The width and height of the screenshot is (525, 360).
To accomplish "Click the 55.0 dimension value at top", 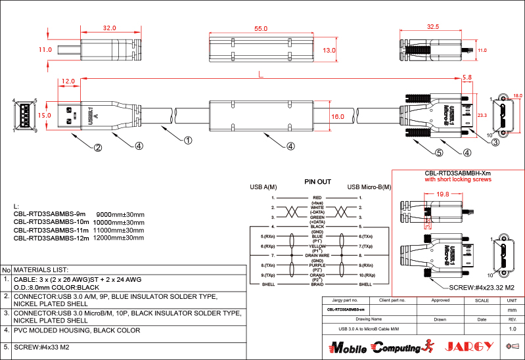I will click(x=261, y=29).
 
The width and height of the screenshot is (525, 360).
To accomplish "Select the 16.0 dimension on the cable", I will click(x=338, y=116).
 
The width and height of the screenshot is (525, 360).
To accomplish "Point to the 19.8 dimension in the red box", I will click(x=442, y=194).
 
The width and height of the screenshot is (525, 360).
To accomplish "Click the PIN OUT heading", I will click(x=317, y=182).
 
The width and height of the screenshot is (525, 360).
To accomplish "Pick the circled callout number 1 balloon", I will click(x=188, y=140).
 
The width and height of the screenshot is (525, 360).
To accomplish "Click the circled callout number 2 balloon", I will click(x=97, y=147).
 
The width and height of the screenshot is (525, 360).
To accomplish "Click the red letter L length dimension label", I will click(x=262, y=76).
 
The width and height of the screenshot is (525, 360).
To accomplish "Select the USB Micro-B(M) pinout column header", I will click(x=369, y=187).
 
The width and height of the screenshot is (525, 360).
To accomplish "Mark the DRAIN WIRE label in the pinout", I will click(x=317, y=255).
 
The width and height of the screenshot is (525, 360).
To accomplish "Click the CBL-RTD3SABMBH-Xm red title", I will click(x=458, y=173).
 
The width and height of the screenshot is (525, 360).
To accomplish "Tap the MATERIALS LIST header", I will click(x=41, y=270).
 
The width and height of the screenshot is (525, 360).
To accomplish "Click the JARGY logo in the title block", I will click(x=469, y=346).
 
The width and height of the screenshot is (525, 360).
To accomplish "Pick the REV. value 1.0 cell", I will click(x=513, y=328).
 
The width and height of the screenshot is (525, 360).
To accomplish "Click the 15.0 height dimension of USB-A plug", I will click(x=45, y=115).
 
